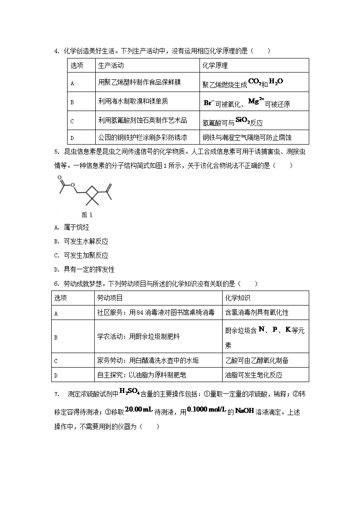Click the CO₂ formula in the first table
(x=254, y=82)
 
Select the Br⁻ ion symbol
(x=209, y=103)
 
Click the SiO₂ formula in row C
(x=242, y=121)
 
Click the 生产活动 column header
(x=111, y=65)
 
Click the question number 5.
(x=56, y=152)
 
